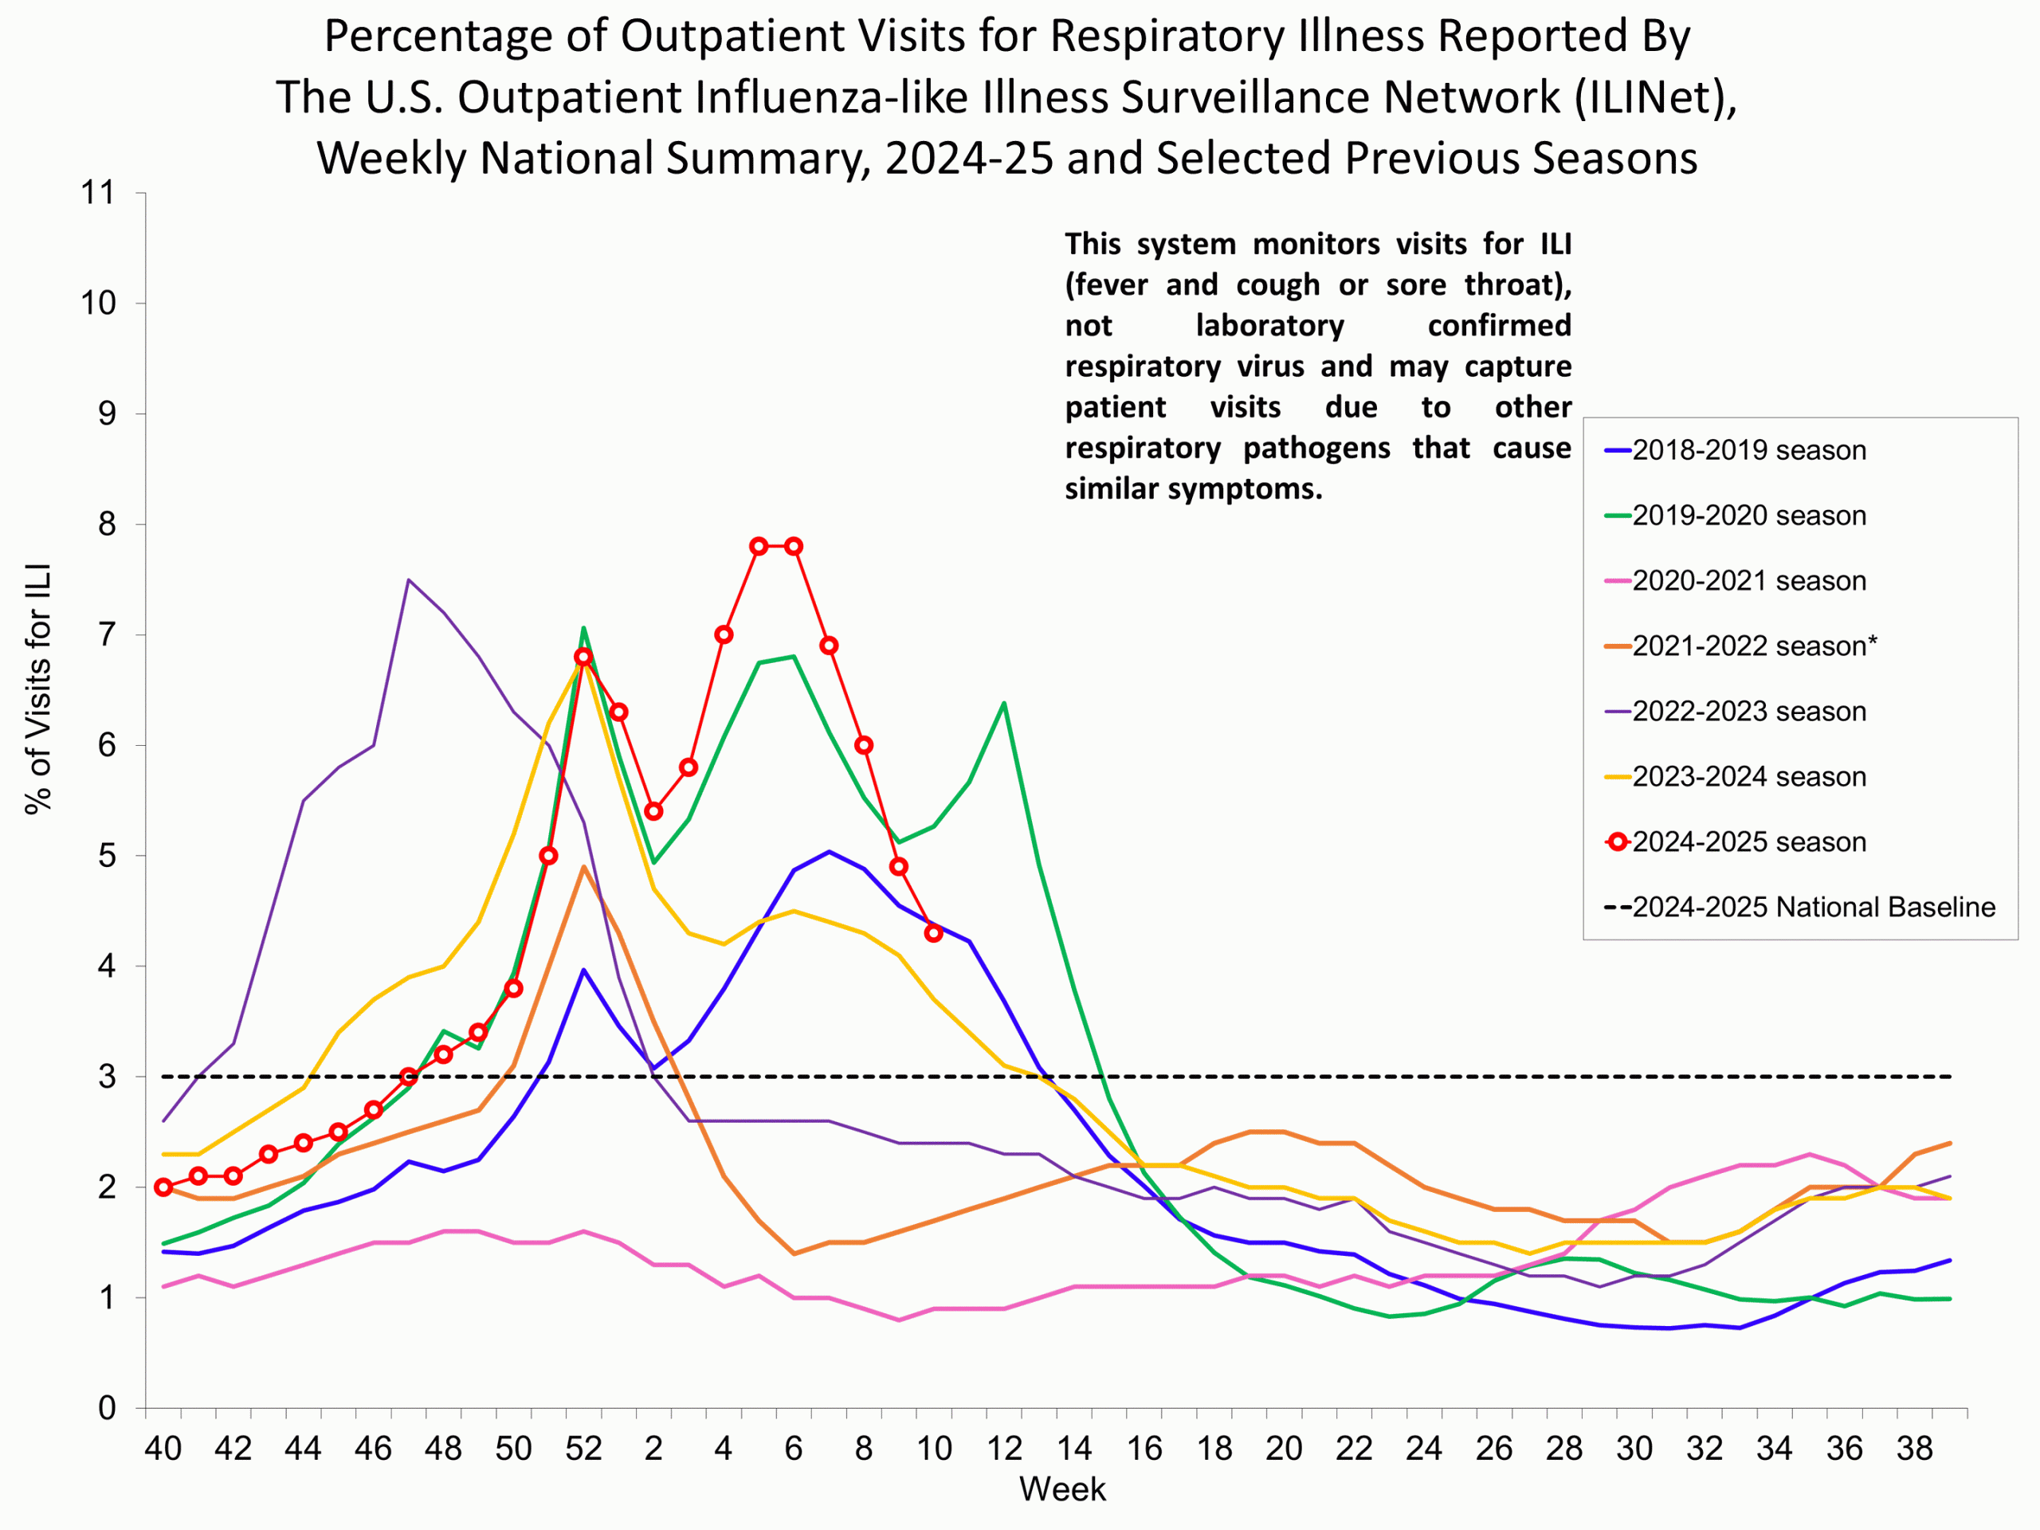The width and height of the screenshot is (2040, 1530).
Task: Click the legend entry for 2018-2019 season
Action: pyautogui.click(x=1748, y=451)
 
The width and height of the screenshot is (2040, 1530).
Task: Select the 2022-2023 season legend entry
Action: pyautogui.click(x=1748, y=712)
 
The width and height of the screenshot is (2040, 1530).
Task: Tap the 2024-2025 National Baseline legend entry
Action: pyautogui.click(x=1813, y=908)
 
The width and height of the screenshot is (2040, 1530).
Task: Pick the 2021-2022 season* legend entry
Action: pyautogui.click(x=1754, y=646)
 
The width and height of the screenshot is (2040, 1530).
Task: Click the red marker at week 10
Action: pyautogui.click(x=933, y=933)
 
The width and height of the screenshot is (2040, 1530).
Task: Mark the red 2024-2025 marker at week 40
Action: pyautogui.click(x=163, y=1187)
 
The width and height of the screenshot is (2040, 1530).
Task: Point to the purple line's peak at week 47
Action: pyautogui.click(x=409, y=580)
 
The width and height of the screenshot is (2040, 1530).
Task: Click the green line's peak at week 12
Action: pyautogui.click(x=1003, y=704)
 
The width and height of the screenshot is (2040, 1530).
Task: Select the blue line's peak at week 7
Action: pyautogui.click(x=829, y=851)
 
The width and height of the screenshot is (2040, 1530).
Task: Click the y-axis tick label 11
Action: pyautogui.click(x=98, y=194)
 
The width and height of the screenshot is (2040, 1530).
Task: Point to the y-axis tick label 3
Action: pyautogui.click(x=107, y=1077)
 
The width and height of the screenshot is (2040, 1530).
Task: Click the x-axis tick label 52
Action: pyautogui.click(x=583, y=1449)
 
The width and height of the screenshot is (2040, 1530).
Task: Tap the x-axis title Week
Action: pyautogui.click(x=1061, y=1489)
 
